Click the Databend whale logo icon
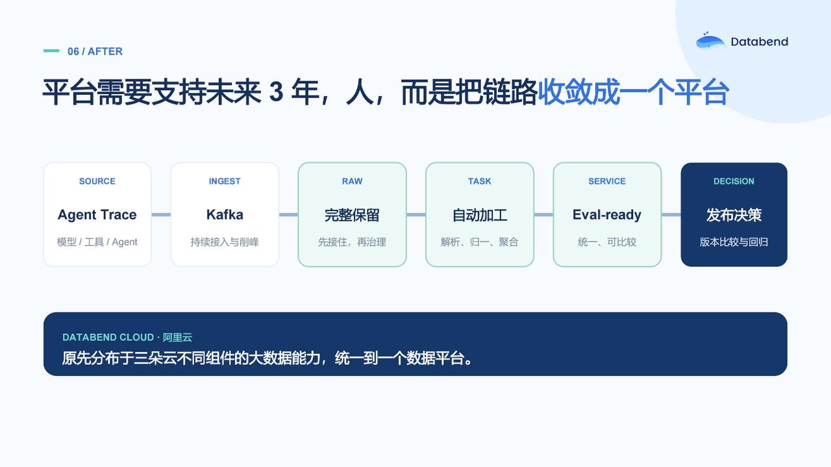[x=710, y=40]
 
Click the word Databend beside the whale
[x=760, y=42]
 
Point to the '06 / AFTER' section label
[x=95, y=51]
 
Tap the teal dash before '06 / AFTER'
[x=51, y=51]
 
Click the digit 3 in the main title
[x=277, y=92]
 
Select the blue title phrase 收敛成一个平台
[x=634, y=92]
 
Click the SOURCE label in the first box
[x=97, y=181]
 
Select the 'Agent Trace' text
[x=97, y=214]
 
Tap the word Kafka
[x=225, y=214]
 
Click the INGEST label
[x=225, y=181]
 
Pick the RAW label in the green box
[x=352, y=181]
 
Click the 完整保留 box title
[x=352, y=215]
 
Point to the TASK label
[x=480, y=181]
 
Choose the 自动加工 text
[x=480, y=215]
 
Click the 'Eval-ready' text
[x=607, y=214]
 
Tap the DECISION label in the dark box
[x=734, y=181]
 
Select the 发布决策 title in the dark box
[x=734, y=215]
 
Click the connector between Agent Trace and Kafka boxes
[x=161, y=214]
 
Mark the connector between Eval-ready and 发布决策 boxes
[x=671, y=214]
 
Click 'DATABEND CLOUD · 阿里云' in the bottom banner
[x=127, y=337]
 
